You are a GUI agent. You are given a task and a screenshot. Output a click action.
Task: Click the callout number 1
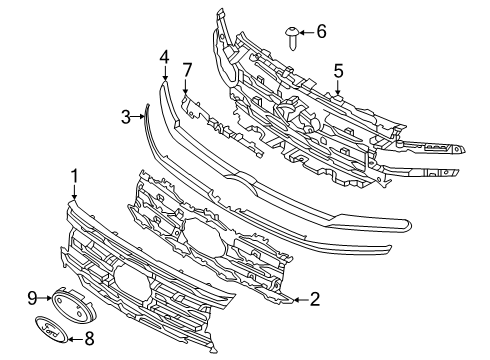73,176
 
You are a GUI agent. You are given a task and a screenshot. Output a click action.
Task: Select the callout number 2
315,299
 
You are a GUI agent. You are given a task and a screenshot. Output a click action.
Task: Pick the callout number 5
338,71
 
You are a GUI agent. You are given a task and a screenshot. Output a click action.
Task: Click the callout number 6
321,32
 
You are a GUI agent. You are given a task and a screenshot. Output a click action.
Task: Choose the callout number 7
186,69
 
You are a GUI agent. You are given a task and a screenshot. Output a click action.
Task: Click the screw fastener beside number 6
292,37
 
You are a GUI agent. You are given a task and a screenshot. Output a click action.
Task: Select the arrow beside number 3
139,118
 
